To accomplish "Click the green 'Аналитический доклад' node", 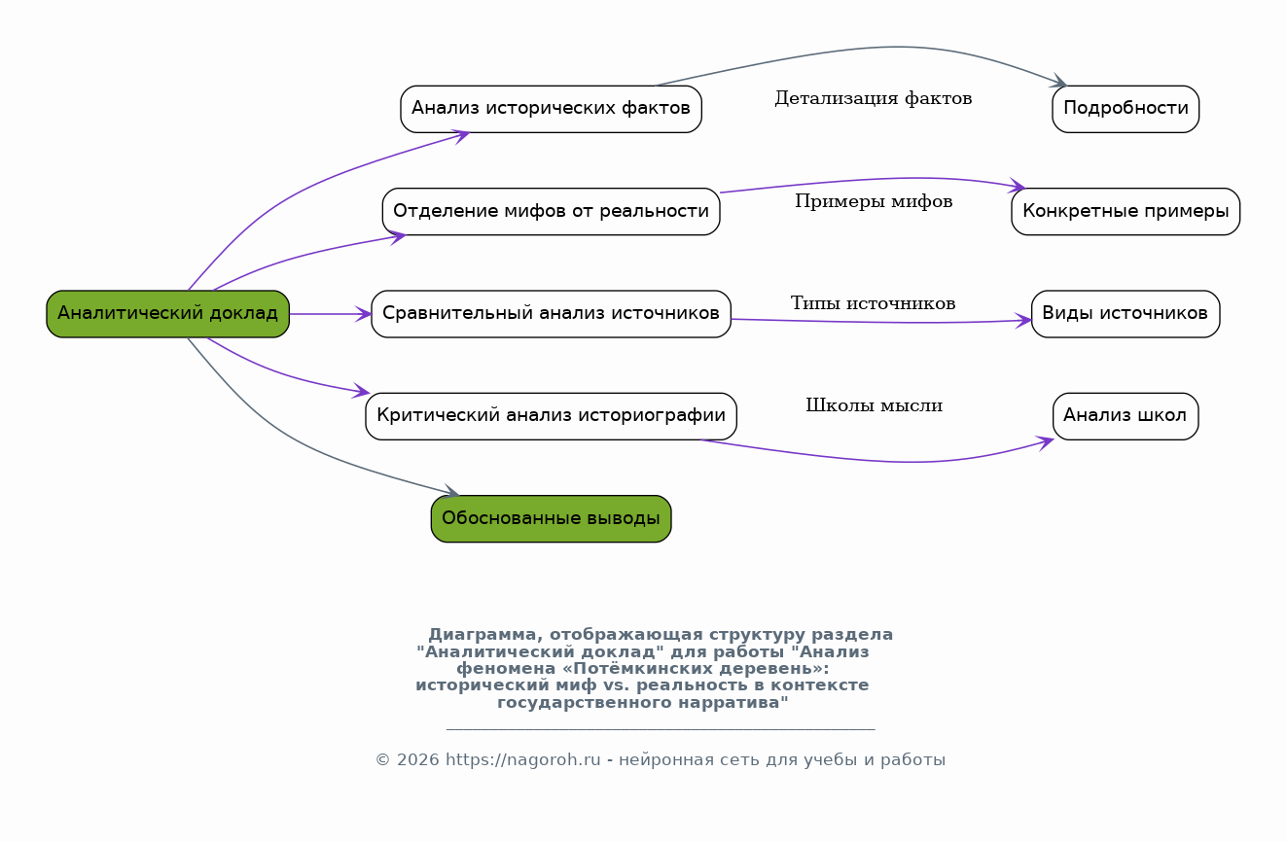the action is click(167, 314).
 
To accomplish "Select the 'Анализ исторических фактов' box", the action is click(551, 109).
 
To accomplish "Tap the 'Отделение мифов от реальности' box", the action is click(551, 211).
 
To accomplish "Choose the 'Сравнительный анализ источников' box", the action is click(551, 314).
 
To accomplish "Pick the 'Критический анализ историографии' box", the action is click(551, 416).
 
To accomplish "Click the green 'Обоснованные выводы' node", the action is click(551, 518).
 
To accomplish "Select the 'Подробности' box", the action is click(1126, 109).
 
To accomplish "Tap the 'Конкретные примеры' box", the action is click(1126, 211).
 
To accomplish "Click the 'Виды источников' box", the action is click(1126, 314).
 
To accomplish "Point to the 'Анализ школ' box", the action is click(1126, 416).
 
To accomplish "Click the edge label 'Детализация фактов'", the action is click(874, 98).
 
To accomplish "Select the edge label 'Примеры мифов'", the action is click(874, 201).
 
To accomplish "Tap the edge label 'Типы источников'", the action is click(874, 303).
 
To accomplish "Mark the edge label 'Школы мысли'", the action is click(874, 405).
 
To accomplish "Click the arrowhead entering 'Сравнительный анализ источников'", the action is click(364, 314).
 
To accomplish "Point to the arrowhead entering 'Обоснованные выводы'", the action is click(451, 490).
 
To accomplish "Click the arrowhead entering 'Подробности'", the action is click(1059, 81).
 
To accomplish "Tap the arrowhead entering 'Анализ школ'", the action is click(1046, 442).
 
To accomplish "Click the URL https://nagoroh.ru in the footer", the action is click(522, 760).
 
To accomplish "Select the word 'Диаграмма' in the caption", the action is click(483, 635).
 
